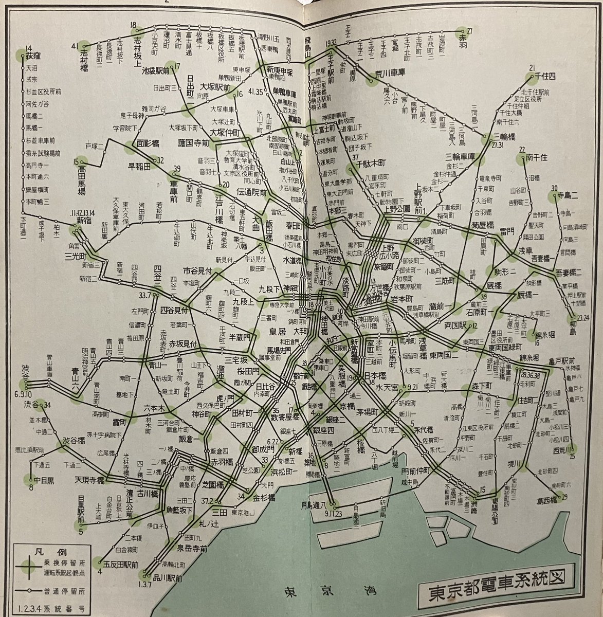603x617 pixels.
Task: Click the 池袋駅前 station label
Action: click(x=156, y=71)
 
